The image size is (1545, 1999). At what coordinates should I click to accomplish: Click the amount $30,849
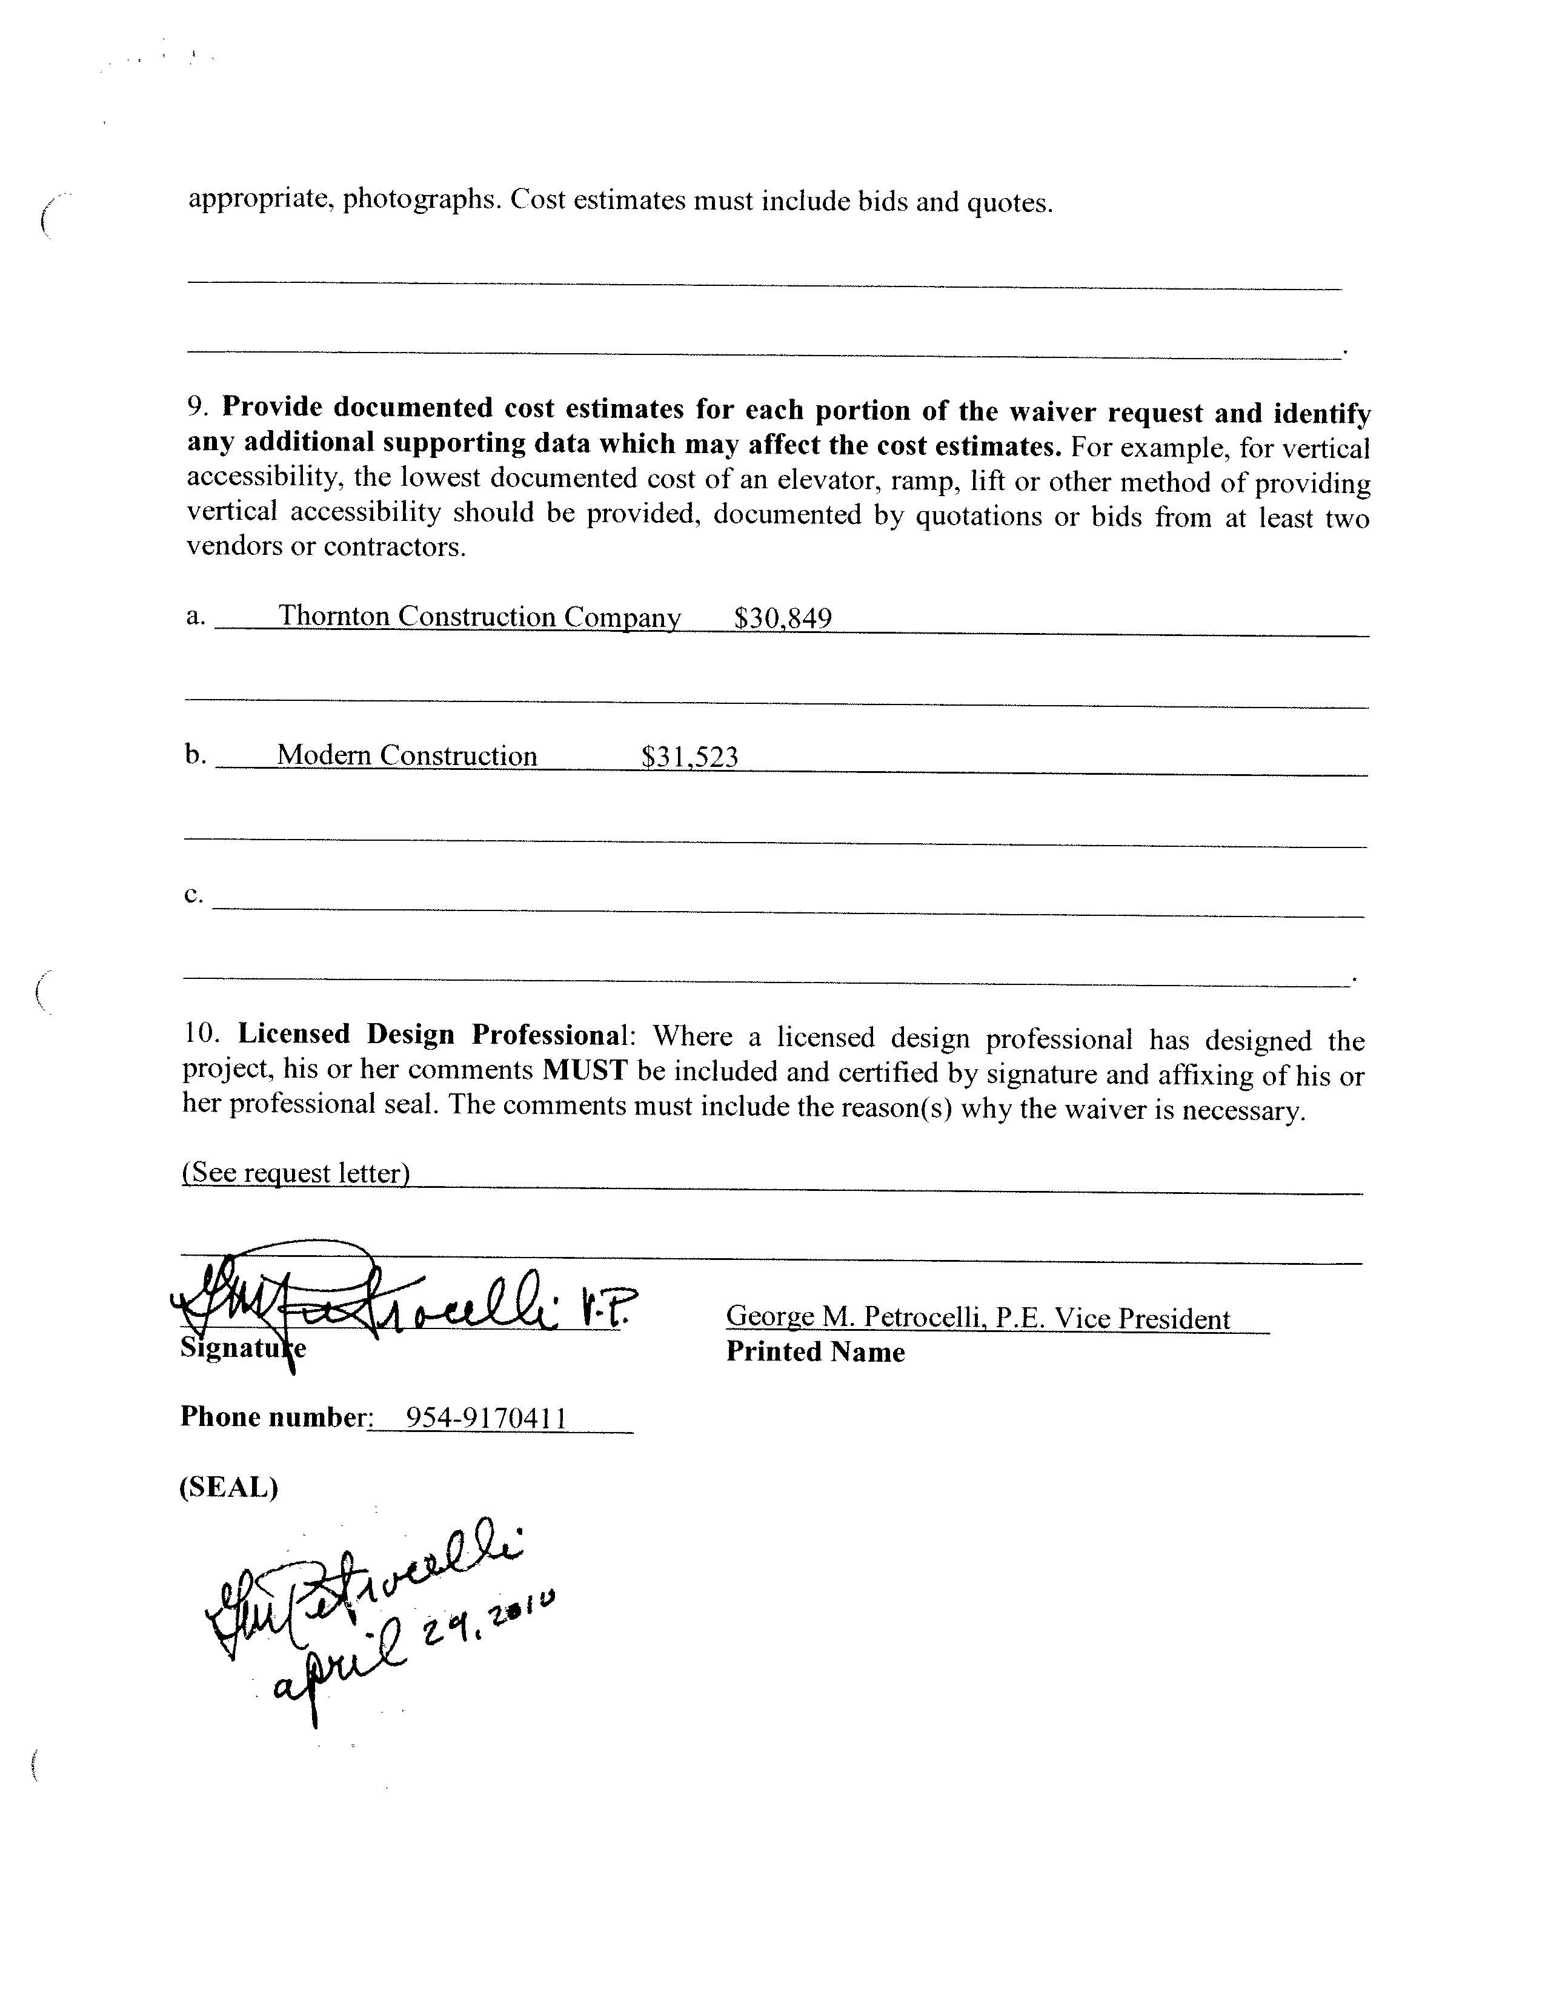pos(783,618)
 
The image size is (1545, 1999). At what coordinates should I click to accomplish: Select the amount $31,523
pos(689,757)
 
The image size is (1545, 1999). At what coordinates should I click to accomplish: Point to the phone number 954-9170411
pos(486,1418)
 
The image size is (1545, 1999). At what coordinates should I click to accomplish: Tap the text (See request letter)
pos(296,1173)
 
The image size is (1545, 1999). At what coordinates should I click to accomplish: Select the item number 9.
pos(198,406)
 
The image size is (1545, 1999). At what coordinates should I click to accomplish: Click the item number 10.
pos(201,1034)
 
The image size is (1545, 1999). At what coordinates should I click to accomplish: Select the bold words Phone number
pos(273,1417)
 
